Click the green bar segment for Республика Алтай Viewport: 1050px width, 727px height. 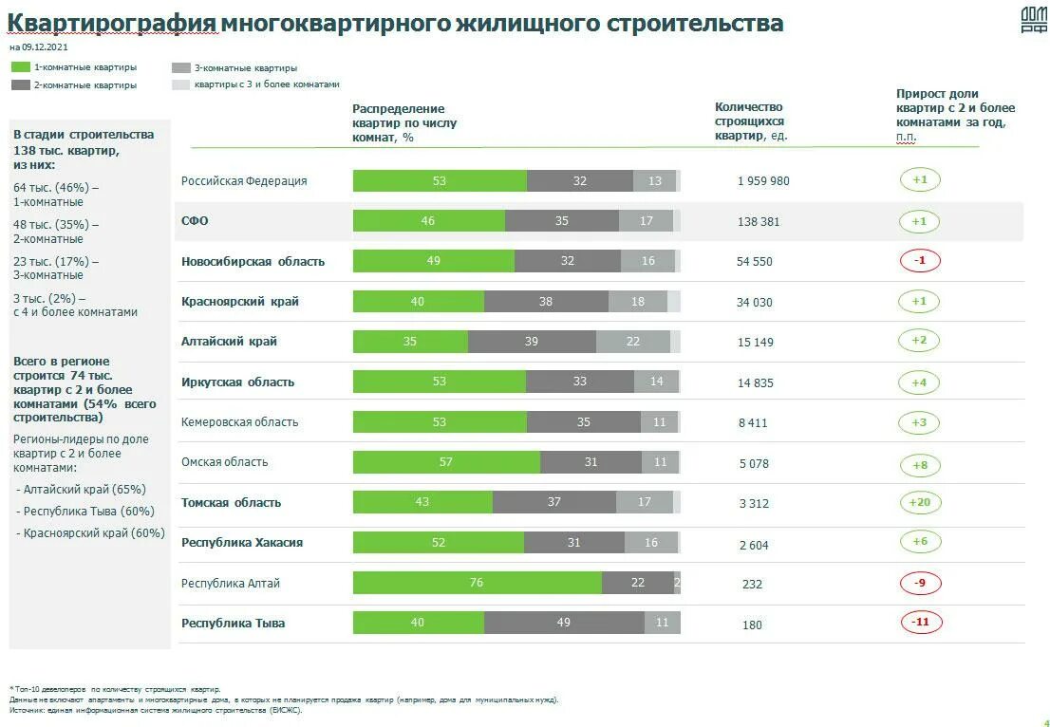tap(477, 583)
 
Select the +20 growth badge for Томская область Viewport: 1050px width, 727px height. tap(919, 502)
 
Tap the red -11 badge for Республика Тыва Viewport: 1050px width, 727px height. tap(919, 623)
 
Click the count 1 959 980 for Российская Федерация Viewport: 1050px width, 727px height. tap(763, 181)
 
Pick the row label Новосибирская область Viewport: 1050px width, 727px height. tap(253, 261)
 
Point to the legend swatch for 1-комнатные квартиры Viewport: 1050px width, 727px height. tap(20, 67)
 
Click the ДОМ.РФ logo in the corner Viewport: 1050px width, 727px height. tap(1033, 20)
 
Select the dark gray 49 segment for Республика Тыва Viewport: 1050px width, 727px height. tap(564, 623)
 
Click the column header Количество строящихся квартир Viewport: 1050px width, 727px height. tap(750, 121)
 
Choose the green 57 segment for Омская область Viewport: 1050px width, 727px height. tap(446, 462)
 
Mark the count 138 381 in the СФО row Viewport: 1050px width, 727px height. tap(758, 221)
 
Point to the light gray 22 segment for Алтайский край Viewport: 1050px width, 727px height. tap(632, 342)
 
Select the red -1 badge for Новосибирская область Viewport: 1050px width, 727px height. tap(919, 261)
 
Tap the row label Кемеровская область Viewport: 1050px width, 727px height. tap(239, 422)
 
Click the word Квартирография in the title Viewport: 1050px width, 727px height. tap(111, 23)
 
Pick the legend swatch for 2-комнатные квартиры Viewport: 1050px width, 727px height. tap(20, 84)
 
